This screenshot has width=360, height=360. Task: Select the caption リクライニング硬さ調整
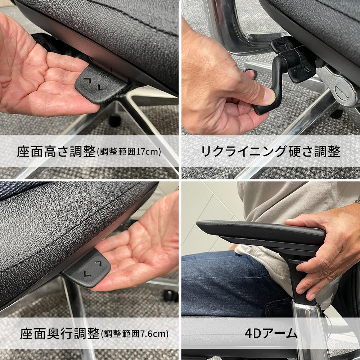click(270, 152)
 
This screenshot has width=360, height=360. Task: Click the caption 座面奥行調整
click(60, 333)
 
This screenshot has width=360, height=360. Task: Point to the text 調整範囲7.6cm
click(135, 334)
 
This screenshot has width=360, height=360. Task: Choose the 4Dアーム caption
click(271, 333)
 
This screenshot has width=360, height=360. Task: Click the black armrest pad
click(259, 230)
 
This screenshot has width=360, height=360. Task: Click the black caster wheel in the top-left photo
click(115, 120)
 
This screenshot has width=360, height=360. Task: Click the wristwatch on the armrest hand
click(357, 200)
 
